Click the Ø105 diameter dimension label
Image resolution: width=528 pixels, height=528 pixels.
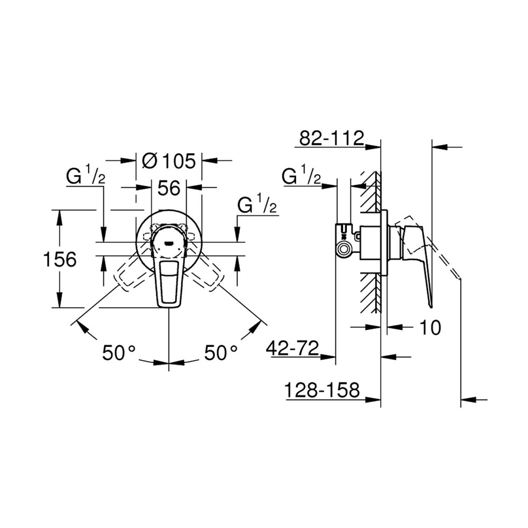[x=166, y=161]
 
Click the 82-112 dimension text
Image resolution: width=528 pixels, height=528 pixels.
[x=331, y=138]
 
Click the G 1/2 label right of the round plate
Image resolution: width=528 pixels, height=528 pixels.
[x=258, y=205]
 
